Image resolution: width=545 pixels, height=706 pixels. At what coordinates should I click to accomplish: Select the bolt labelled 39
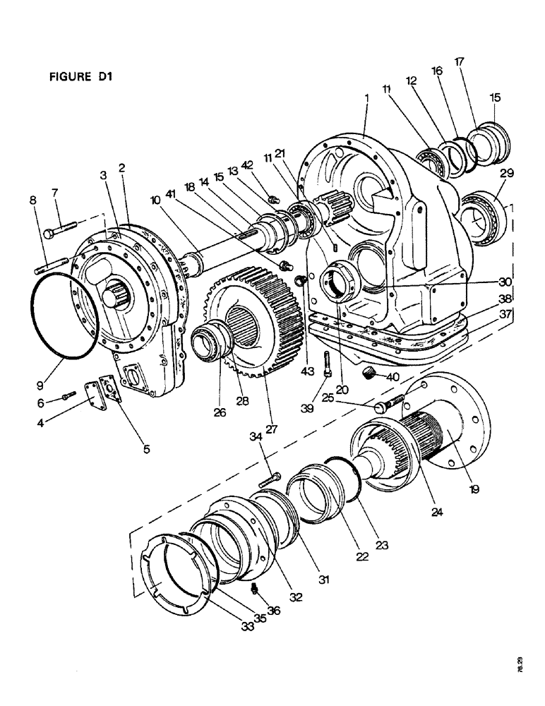327,364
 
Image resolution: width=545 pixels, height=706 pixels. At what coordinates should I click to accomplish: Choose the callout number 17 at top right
460,61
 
